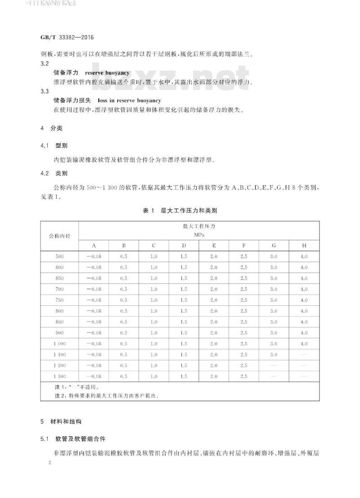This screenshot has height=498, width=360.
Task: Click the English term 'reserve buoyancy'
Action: pos(107,72)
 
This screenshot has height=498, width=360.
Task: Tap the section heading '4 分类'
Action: pos(51,128)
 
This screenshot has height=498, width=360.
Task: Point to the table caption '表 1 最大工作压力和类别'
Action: pos(180,210)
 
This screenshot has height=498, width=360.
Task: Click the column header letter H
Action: pos(304,246)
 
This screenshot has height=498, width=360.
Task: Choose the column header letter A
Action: pos(94,246)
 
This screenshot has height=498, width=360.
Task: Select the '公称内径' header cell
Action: pos(59,235)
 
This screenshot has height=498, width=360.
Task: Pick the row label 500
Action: pos(59,256)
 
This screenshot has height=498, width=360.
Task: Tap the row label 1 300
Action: pos(59,376)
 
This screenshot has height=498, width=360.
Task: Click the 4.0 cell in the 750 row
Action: pos(304,300)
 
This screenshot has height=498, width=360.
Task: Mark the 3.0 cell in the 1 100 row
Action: pos(274,354)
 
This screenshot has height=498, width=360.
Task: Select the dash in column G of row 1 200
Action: pos(274,365)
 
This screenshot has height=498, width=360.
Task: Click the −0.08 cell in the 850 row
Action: pos(94,322)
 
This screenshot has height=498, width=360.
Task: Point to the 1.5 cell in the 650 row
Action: pos(184,278)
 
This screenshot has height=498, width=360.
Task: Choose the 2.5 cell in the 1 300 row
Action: pos(244,376)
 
